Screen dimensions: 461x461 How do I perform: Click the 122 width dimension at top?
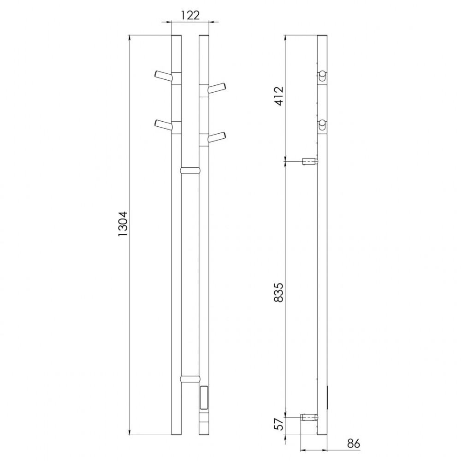[x=189, y=15]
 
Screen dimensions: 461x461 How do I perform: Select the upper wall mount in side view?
[x=309, y=162]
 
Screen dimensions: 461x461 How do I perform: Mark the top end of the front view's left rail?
[x=176, y=36]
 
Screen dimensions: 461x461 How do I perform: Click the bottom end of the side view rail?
[x=322, y=433]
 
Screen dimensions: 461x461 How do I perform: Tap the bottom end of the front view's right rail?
[x=203, y=433]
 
